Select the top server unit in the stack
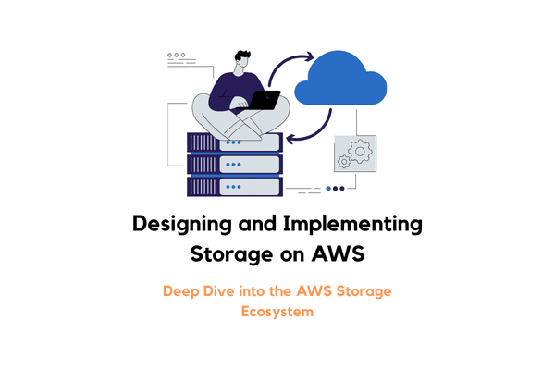234,142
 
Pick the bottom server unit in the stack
234,186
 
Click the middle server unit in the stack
234,164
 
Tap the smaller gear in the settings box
344,162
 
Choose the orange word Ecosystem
277,312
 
